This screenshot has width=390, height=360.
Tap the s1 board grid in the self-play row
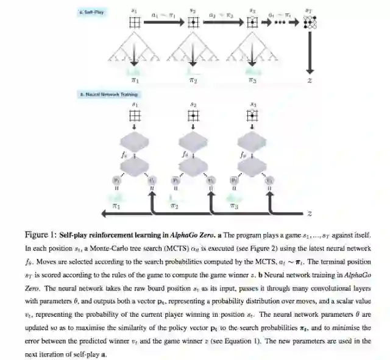coord(134,23)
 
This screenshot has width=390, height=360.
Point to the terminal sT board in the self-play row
coord(311,23)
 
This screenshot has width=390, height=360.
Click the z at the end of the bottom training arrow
coord(310,214)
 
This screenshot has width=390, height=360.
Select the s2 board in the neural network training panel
coord(193,116)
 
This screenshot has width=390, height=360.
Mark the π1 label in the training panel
coord(115,206)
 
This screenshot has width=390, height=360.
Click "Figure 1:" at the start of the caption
coord(41,235)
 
